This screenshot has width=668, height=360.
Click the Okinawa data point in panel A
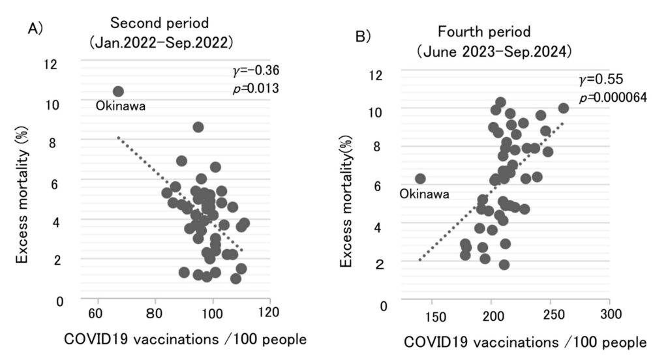click(118, 92)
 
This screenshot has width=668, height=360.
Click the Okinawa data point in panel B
click(420, 179)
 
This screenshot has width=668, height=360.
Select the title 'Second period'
click(159, 23)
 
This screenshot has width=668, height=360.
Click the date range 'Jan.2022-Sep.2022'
click(161, 42)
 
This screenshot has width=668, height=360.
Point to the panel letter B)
click(363, 37)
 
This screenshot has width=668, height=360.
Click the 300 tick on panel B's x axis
click(609, 316)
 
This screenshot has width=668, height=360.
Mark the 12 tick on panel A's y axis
click(50, 64)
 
